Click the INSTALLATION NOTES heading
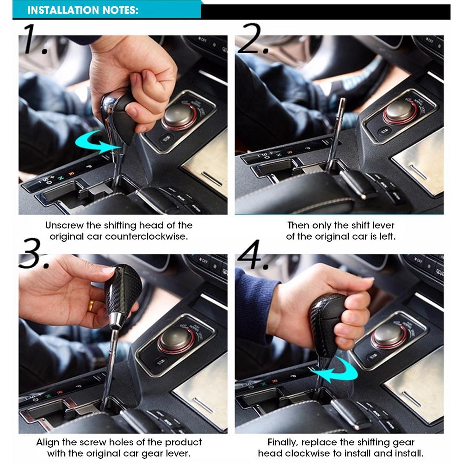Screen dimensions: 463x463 pos(83,10)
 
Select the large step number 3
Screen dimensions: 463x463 pos(33,253)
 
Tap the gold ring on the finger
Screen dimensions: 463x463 pos(91,306)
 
